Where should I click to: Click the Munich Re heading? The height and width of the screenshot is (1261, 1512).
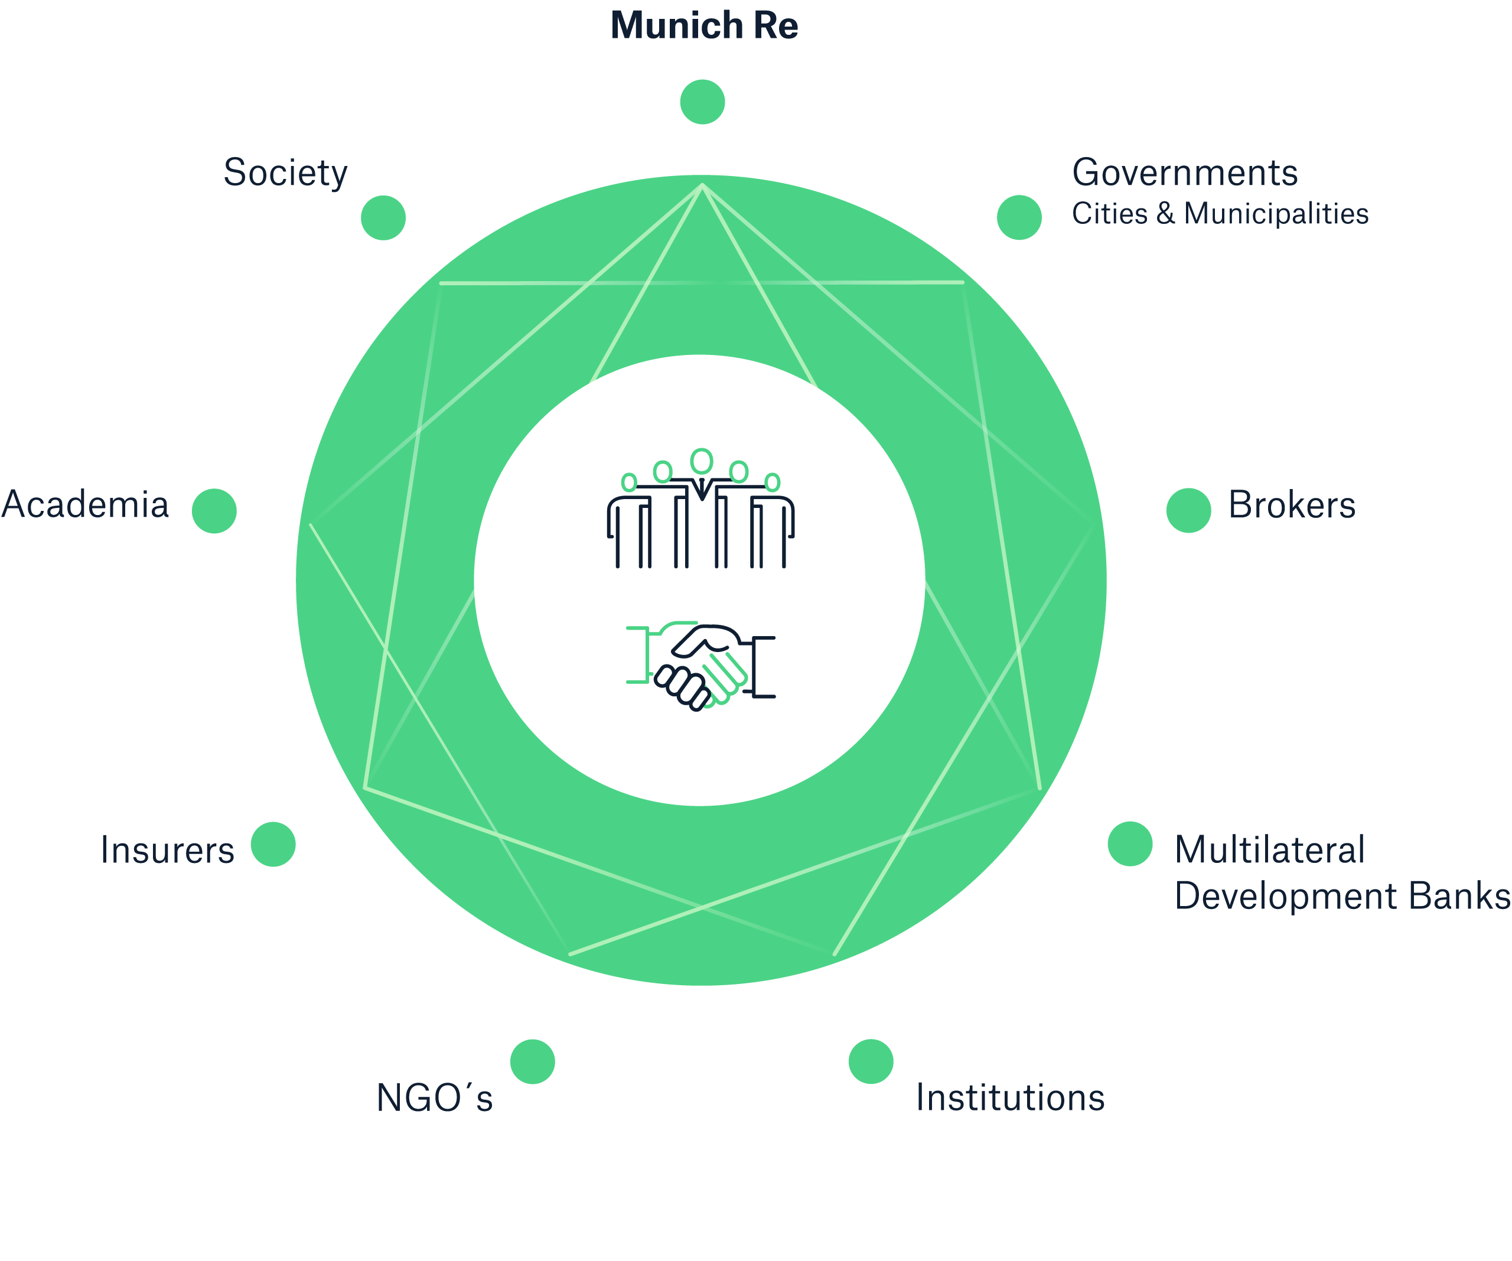tap(703, 27)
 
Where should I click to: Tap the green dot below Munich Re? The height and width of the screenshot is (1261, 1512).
tap(702, 102)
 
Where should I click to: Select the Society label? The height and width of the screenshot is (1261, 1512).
tap(285, 174)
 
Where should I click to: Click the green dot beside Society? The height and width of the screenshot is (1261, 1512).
tap(383, 217)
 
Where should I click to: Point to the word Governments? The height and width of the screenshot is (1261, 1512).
tap(1184, 173)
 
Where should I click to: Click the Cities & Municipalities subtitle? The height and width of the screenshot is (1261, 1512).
tap(1220, 214)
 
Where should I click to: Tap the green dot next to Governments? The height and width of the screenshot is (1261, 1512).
tap(1019, 217)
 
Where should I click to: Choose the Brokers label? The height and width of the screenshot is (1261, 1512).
tap(1292, 505)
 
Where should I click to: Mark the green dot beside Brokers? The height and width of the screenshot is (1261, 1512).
tap(1188, 510)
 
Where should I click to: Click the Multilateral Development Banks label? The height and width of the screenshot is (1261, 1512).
tap(1341, 873)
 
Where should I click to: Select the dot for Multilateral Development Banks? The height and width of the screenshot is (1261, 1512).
tap(1130, 843)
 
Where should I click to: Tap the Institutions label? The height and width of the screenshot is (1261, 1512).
tap(1009, 1097)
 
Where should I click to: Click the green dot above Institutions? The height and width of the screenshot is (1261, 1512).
tap(871, 1061)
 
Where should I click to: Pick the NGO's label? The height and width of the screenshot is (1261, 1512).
tap(434, 1098)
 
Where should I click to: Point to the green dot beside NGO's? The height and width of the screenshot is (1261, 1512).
tap(532, 1061)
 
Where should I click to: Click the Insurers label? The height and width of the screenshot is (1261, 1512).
tap(167, 850)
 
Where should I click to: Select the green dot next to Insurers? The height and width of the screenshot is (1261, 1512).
tap(273, 844)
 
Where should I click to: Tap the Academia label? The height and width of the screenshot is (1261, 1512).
tap(85, 505)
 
